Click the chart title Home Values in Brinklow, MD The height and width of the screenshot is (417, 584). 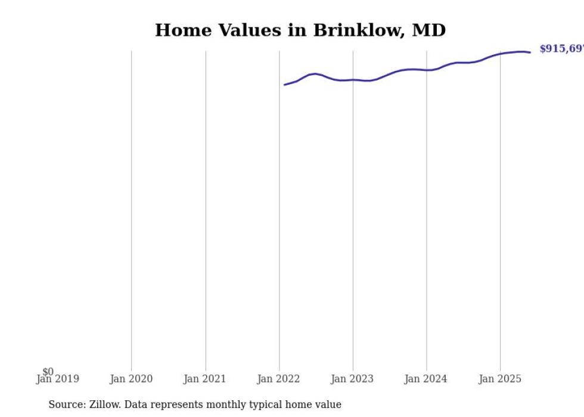point(300,30)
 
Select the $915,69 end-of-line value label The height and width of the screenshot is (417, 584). point(561,49)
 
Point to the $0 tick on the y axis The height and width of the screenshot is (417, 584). point(48,372)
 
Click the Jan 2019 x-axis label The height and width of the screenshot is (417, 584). point(58,379)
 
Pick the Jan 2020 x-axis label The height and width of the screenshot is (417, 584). point(131,379)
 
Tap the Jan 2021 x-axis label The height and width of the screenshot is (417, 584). point(205,379)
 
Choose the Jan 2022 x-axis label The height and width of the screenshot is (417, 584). point(279,379)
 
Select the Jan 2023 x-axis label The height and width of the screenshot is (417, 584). point(353,379)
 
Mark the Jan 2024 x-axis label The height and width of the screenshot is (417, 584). point(426,379)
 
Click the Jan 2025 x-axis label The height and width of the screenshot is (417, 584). point(500,379)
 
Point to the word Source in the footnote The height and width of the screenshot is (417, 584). point(66,404)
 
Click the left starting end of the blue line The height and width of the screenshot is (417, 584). point(285,85)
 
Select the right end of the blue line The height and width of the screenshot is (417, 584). point(530,52)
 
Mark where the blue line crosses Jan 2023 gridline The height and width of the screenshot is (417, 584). point(353,79)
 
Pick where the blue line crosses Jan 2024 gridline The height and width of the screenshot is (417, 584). point(426,70)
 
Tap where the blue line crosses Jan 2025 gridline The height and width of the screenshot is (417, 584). point(500,54)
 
